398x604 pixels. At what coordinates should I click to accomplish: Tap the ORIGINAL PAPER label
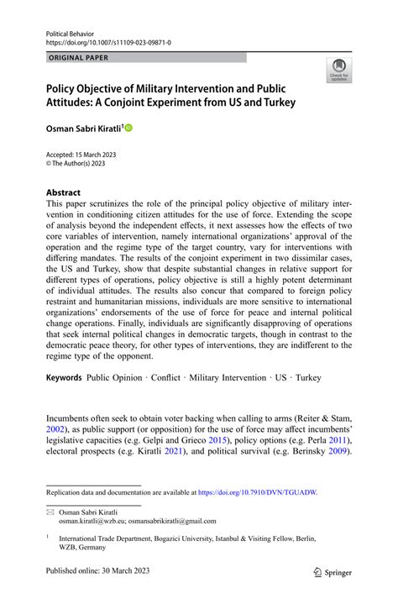(78, 58)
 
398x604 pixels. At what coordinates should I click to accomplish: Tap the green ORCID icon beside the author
(129, 127)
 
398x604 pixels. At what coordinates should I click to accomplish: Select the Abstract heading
(63, 192)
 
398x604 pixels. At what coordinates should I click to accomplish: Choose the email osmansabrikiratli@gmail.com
(175, 521)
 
